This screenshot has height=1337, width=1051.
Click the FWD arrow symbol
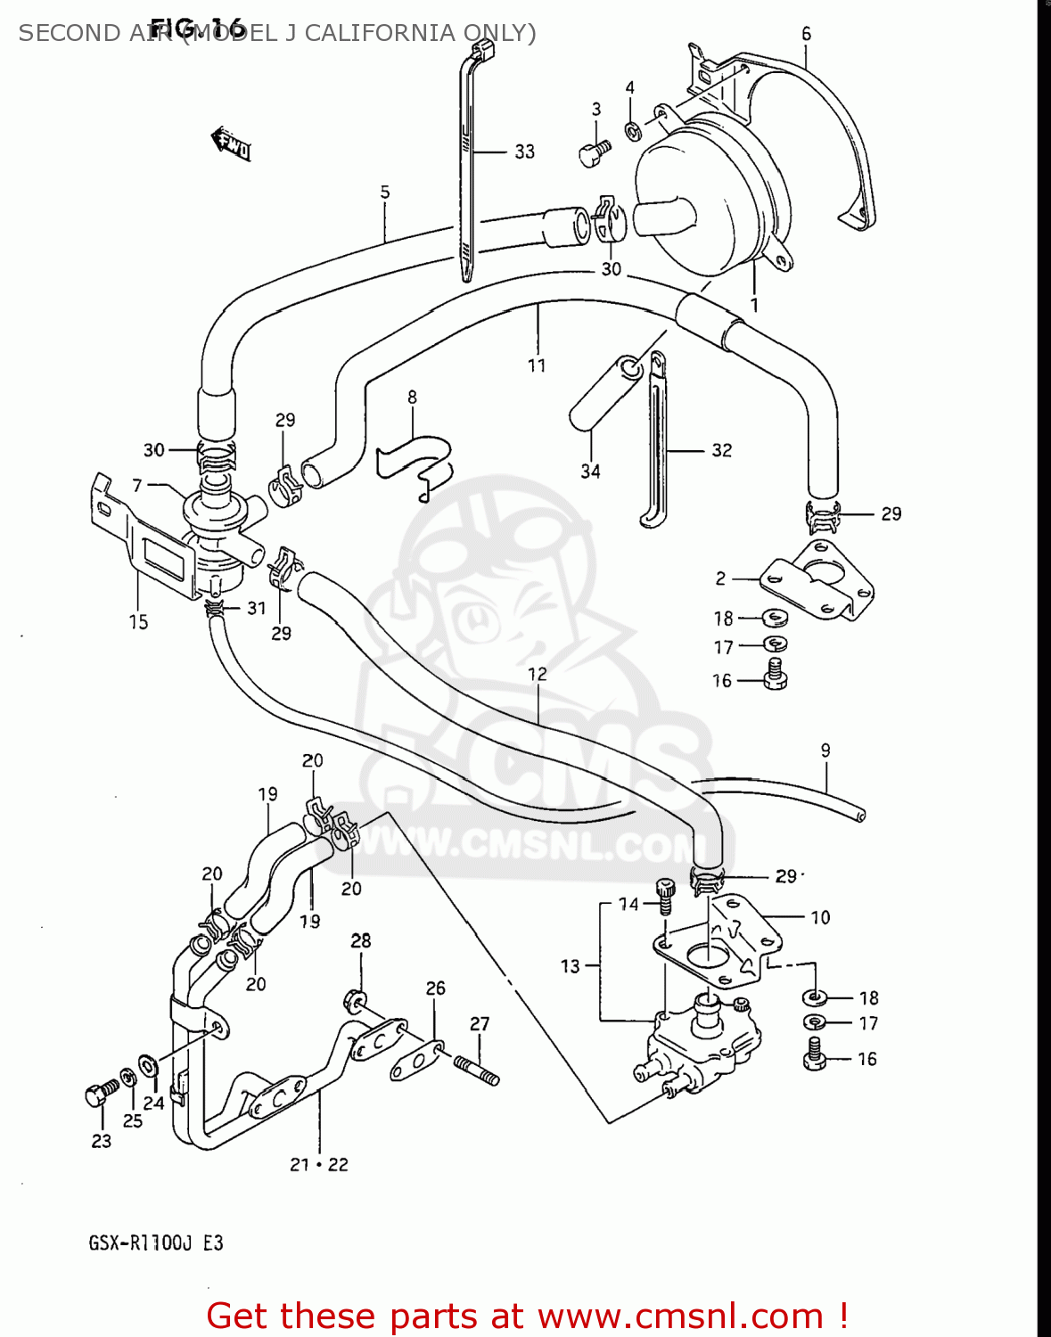coord(230,144)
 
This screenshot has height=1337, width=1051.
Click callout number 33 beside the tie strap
coord(525,152)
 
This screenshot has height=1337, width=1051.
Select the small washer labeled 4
coord(633,131)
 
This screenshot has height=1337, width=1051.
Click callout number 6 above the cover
coord(806,34)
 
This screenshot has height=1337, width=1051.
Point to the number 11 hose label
coord(536,365)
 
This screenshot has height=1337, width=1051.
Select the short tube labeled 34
coord(604,392)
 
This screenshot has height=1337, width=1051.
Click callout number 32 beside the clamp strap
coord(721,450)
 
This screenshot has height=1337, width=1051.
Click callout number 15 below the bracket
coord(138,622)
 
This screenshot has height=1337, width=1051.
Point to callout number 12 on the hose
coord(537,674)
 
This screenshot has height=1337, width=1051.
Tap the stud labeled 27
coord(477,1070)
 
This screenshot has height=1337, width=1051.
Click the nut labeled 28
coord(353,999)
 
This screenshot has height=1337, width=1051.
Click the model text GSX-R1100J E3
coord(155,1243)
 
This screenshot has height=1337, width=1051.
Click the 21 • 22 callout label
coord(318,1164)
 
